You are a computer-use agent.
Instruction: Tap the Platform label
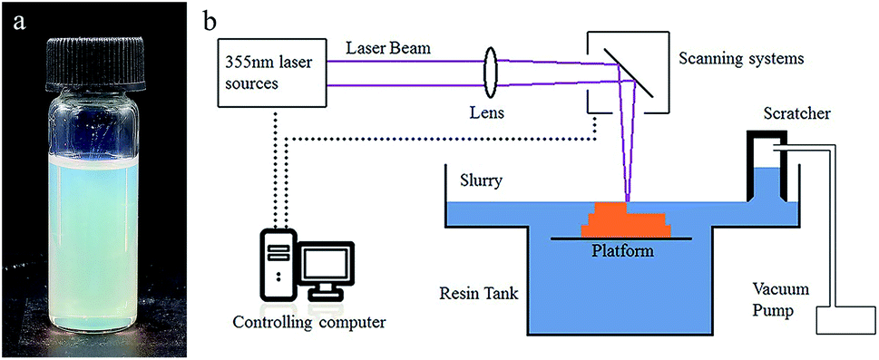626,249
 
